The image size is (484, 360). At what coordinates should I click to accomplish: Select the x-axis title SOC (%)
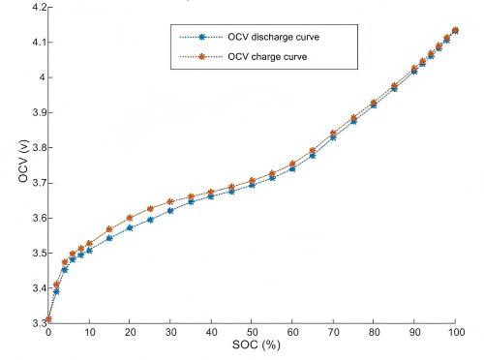252,346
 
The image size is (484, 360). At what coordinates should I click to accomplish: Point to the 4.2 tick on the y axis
33,7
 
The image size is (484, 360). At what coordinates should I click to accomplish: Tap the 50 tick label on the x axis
252,333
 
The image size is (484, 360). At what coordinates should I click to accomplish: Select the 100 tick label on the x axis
455,333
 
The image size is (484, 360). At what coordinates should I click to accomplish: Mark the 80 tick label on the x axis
374,333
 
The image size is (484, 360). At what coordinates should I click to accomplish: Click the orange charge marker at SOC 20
130,218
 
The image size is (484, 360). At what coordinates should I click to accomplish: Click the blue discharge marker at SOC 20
130,228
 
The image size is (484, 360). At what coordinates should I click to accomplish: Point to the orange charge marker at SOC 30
170,201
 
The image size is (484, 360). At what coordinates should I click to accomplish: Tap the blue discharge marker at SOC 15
109,238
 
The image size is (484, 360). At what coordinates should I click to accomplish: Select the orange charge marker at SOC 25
150,209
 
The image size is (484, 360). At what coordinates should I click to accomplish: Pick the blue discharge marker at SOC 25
150,220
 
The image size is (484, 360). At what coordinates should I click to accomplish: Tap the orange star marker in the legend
201,56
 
